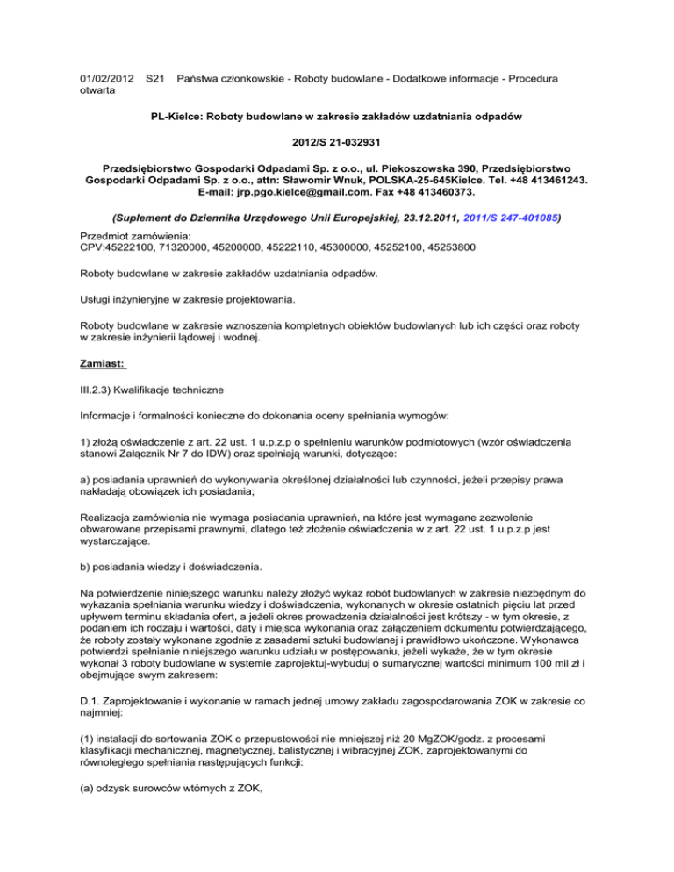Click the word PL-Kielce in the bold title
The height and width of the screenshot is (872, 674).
[180, 114]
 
